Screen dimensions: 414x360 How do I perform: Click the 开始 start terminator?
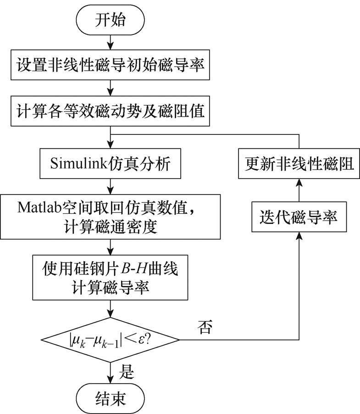pos(110,21)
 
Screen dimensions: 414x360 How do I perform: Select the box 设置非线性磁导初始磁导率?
pos(110,64)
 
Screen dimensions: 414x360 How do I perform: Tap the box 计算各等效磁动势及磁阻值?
pos(110,112)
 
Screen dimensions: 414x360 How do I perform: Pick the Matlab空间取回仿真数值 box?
pos(110,215)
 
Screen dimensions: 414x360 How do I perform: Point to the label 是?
pos(126,371)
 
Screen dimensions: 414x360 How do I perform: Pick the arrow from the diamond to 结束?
pos(110,372)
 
